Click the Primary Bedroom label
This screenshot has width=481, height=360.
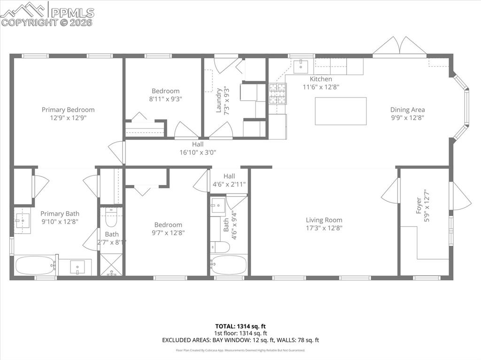point(68,110)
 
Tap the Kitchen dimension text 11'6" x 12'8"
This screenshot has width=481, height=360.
point(321,87)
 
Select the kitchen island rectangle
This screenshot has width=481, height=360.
point(341,111)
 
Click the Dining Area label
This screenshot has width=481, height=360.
point(407,110)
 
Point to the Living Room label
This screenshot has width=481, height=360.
point(324,220)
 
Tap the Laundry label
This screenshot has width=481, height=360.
point(218,100)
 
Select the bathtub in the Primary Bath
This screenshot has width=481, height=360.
point(35,265)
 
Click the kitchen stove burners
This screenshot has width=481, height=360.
point(277,93)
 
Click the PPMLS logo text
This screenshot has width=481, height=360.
point(72,12)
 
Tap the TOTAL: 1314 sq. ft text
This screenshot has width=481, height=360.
point(240,326)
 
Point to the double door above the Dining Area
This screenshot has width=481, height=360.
point(399,46)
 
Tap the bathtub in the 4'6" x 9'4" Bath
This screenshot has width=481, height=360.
point(229,265)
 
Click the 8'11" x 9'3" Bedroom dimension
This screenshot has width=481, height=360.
point(165,99)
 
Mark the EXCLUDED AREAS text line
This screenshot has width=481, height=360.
point(240,340)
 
